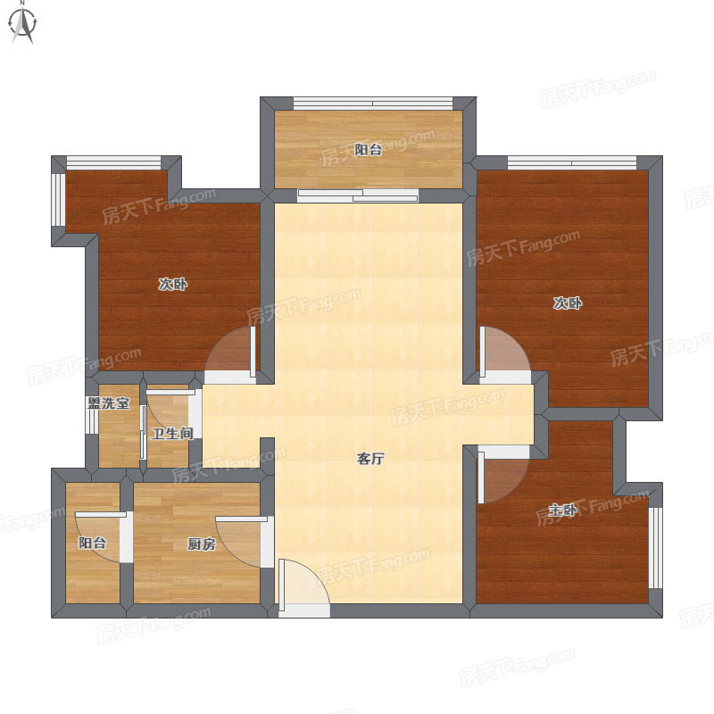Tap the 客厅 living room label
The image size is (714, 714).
tap(370, 459)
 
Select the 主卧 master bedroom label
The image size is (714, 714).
tap(563, 510)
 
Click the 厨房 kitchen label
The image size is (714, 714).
tap(202, 544)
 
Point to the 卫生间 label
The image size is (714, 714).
tap(172, 433)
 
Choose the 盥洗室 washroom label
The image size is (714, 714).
tap(108, 403)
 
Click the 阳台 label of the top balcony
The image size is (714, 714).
tap(368, 150)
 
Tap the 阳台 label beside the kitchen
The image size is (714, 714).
tap(93, 543)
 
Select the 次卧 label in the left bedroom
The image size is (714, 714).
tap(173, 285)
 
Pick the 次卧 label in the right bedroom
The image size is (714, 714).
tap(568, 303)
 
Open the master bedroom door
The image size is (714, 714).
tap(503, 475)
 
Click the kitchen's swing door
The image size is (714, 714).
tap(242, 542)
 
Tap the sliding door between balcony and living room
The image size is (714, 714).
tap(358, 195)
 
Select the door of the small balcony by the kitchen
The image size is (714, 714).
tap(101, 537)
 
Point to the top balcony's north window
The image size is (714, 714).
tap(373, 104)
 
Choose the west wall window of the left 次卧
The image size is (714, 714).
tap(58, 199)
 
